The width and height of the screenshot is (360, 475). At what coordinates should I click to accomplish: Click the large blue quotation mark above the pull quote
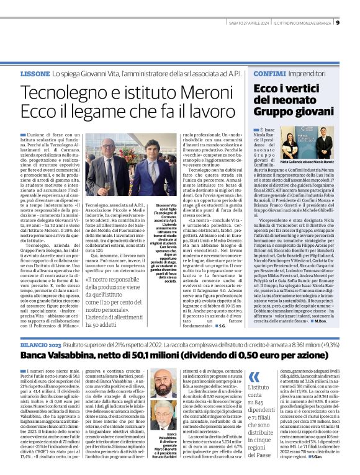click(x=253, y=376)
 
